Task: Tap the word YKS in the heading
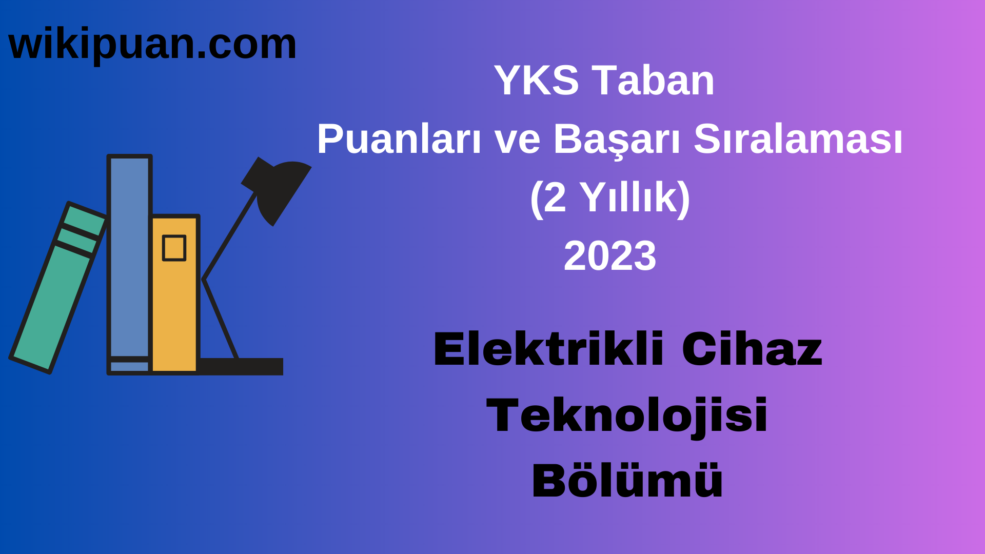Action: click(x=536, y=81)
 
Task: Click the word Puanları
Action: click(x=399, y=139)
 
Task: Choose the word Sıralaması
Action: click(x=798, y=139)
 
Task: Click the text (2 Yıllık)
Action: click(x=609, y=197)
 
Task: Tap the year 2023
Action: click(x=609, y=256)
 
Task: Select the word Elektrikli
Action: click(x=548, y=350)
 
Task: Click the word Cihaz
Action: click(x=752, y=350)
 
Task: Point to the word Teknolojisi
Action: click(x=626, y=415)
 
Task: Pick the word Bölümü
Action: click(x=627, y=481)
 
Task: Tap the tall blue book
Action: click(x=129, y=256)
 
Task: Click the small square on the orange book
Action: click(x=174, y=248)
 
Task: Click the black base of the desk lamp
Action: click(x=241, y=366)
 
